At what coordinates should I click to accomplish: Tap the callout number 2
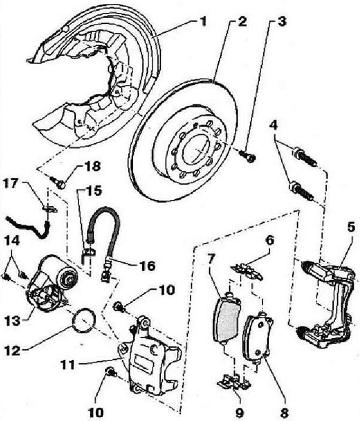(x=242, y=21)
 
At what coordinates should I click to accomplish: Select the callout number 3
(x=282, y=21)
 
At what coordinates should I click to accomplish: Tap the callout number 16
(x=147, y=266)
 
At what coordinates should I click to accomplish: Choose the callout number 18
(x=92, y=166)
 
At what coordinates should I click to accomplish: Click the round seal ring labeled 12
(x=84, y=320)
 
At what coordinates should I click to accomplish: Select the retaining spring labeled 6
(x=247, y=272)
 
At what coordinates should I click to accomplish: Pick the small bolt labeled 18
(x=59, y=182)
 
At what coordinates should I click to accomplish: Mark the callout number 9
(x=239, y=412)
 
